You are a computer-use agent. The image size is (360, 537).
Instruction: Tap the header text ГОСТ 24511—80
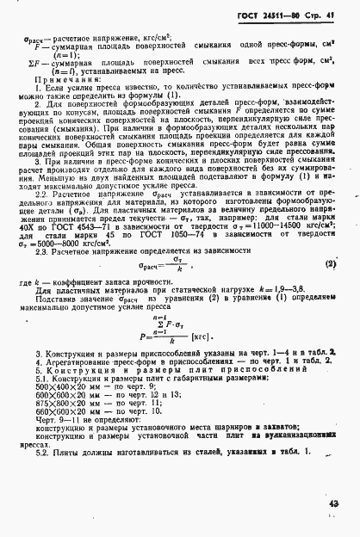(279, 14)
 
